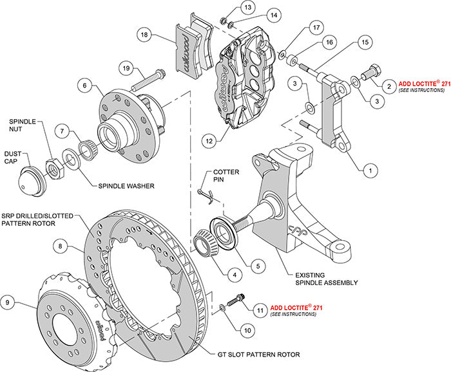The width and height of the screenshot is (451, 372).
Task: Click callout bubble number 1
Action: (x=369, y=171)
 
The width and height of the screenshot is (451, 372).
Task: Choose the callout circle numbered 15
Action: (x=365, y=42)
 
